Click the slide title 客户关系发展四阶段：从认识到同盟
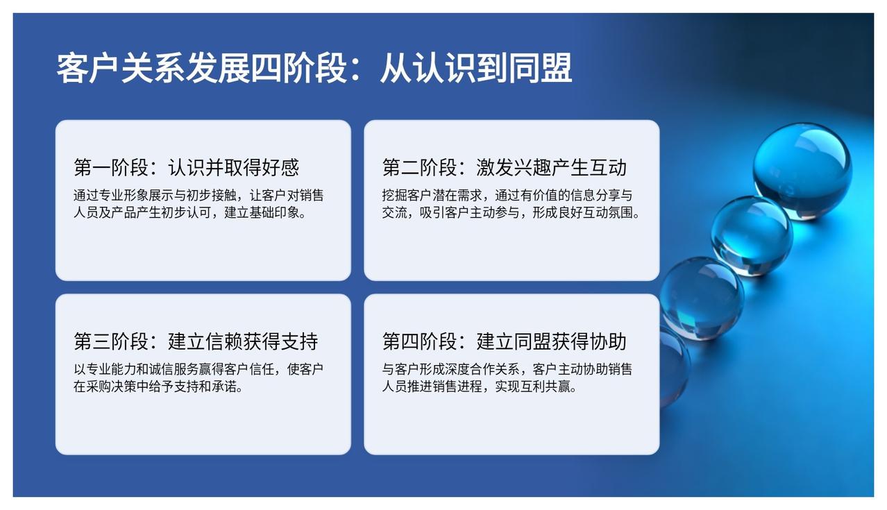coord(314,68)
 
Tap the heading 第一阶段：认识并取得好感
coord(186,167)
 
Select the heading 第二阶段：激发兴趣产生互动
coord(504,167)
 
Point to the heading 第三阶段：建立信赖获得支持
coord(196,341)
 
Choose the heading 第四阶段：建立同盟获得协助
coord(504,341)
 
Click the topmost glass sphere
coord(802,171)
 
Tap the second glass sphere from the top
coord(752,237)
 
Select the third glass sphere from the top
coord(702,298)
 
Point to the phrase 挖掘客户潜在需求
coord(432,195)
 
